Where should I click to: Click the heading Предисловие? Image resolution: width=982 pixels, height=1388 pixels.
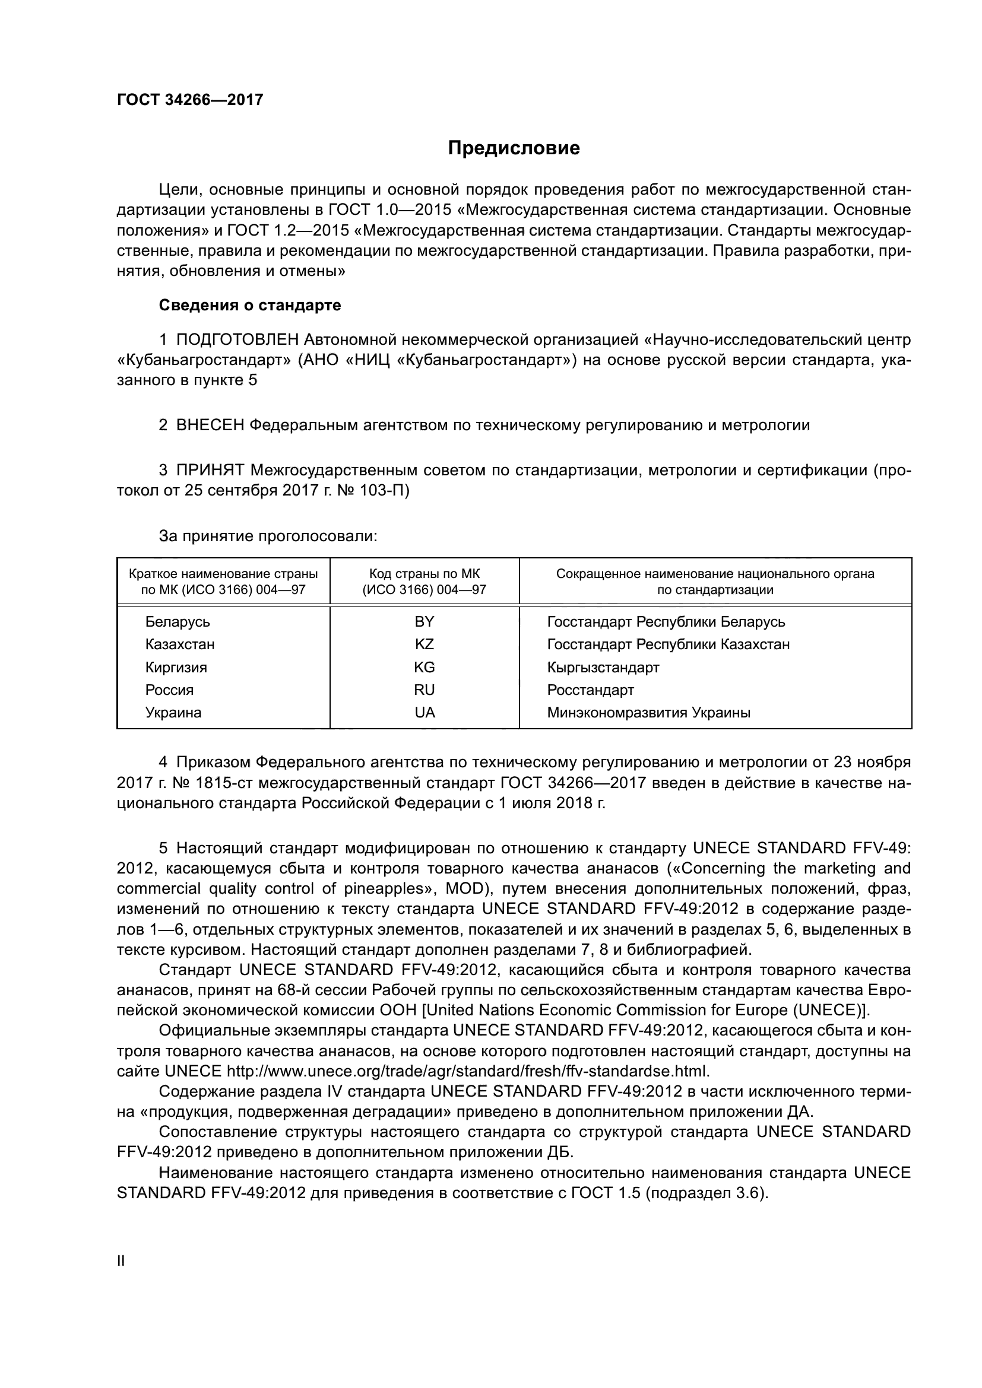[x=514, y=148]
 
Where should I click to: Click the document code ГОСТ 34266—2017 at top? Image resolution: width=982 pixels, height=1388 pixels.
[x=190, y=100]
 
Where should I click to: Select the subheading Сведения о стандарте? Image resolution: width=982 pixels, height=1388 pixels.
[x=250, y=305]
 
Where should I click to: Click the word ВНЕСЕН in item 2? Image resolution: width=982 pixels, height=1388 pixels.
[x=210, y=425]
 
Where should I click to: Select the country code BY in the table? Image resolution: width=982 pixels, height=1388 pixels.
[x=425, y=621]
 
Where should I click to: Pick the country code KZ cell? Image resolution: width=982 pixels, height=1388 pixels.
[x=425, y=644]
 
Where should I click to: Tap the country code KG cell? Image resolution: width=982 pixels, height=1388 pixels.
[x=425, y=667]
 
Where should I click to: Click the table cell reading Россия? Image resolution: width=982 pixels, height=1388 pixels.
[x=169, y=690]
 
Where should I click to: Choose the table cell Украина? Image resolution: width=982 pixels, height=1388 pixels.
[x=173, y=712]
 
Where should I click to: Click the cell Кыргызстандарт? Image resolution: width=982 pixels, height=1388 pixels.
[x=603, y=668]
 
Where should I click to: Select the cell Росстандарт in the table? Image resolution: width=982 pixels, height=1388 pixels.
[x=590, y=690]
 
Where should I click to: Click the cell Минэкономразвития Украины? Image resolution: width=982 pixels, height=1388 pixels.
[x=648, y=713]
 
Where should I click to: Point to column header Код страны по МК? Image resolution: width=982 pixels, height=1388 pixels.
[x=425, y=574]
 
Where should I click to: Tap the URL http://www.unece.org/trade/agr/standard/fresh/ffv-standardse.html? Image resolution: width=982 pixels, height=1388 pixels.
[x=467, y=1071]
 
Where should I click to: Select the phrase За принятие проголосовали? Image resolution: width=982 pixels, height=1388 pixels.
[x=268, y=536]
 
